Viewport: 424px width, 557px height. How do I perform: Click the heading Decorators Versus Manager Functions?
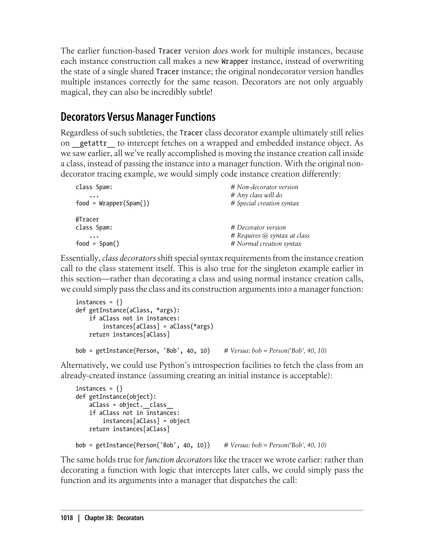click(x=138, y=117)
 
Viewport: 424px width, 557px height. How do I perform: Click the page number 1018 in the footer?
click(x=67, y=518)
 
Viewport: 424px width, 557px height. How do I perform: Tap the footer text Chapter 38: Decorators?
click(x=114, y=518)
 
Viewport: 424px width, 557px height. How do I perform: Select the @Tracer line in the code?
click(x=87, y=219)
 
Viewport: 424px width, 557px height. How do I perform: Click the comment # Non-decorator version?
click(x=264, y=187)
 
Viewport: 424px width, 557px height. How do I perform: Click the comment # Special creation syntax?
click(x=265, y=203)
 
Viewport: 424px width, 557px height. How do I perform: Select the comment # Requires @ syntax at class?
click(x=270, y=236)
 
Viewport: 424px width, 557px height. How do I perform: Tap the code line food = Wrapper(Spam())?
click(x=113, y=203)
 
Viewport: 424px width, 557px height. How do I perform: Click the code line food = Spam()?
click(x=98, y=244)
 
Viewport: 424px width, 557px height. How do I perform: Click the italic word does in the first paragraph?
click(x=220, y=51)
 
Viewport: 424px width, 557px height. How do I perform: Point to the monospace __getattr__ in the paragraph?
click(x=93, y=143)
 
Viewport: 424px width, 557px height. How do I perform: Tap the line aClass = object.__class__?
click(x=131, y=405)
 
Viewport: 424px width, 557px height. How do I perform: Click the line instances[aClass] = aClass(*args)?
click(x=158, y=326)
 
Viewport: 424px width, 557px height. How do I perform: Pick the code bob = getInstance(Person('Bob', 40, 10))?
click(x=143, y=445)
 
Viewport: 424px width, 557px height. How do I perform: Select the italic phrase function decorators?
click(x=179, y=460)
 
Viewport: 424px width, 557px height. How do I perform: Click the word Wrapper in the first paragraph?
click(x=235, y=61)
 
